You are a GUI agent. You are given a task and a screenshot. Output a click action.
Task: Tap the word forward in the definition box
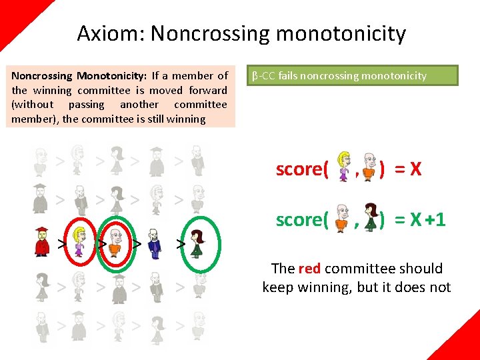tap(207, 90)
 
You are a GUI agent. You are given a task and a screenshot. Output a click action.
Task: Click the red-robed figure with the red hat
tap(42, 241)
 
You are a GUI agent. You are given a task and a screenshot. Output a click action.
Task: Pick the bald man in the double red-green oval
tap(116, 241)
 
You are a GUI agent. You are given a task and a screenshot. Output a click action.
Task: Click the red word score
tap(302, 169)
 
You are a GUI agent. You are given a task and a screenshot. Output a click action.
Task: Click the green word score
tap(302, 219)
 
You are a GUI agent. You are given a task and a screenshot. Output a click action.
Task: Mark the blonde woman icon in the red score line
tap(344, 167)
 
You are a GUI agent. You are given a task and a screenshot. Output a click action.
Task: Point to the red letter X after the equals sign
tap(415, 169)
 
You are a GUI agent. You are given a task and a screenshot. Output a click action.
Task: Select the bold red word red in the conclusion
tap(309, 269)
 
